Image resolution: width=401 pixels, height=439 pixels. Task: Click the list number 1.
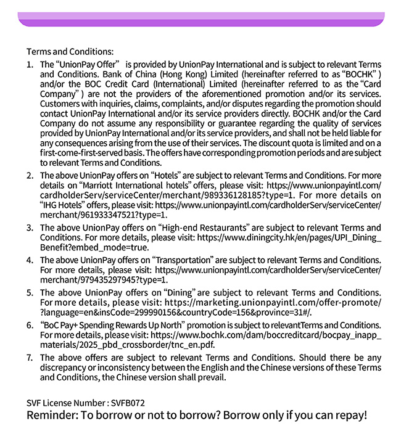(30, 64)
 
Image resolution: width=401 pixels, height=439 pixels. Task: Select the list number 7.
(30, 358)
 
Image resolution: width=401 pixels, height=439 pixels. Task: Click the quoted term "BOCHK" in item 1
(363, 74)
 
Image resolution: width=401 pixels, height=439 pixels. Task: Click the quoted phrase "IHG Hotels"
(65, 205)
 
